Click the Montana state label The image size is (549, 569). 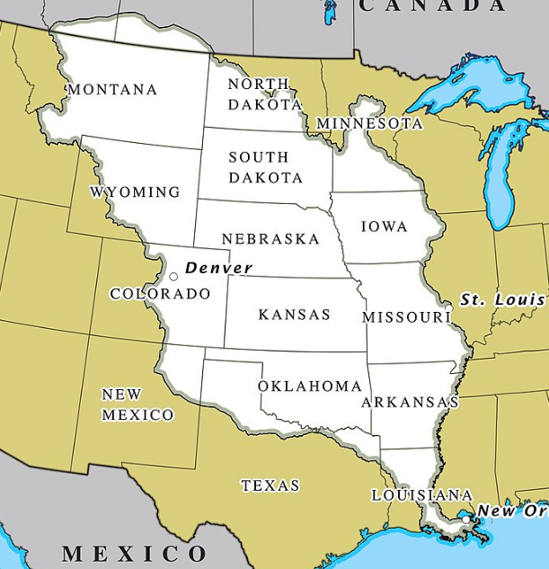click(112, 90)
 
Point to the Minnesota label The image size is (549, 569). click(369, 123)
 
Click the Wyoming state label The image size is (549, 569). click(135, 192)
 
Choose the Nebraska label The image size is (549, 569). click(270, 239)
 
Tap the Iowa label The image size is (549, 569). click(384, 227)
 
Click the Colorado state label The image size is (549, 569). click(160, 294)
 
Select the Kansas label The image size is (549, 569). click(294, 315)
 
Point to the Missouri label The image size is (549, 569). click(404, 317)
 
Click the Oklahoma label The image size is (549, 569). click(310, 387)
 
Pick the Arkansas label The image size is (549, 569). click(410, 403)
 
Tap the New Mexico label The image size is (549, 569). click(137, 405)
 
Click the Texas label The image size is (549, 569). click(270, 485)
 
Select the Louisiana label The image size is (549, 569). click(421, 495)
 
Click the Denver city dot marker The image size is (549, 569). click(173, 276)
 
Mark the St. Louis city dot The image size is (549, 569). click(448, 308)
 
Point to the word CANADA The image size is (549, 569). click(432, 6)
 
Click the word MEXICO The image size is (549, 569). click(134, 552)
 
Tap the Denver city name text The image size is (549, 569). click(218, 268)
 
